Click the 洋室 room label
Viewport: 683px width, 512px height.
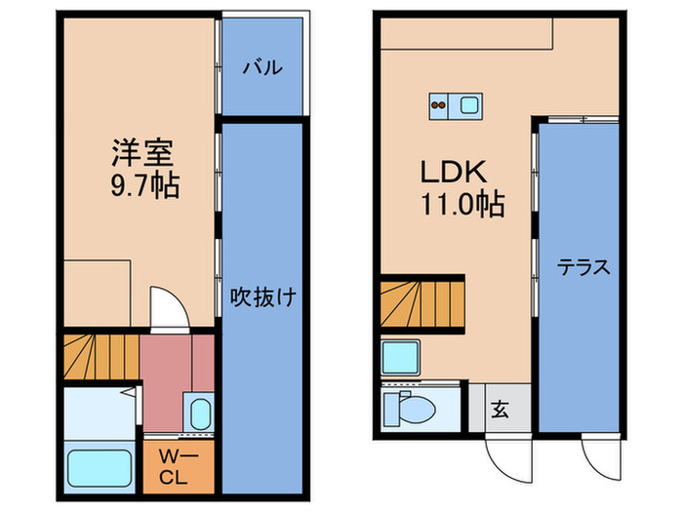[x=142, y=153]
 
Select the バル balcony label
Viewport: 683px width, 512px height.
[x=261, y=67]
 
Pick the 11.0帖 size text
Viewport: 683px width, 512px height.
[x=462, y=205]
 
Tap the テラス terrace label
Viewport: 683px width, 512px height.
[x=583, y=266]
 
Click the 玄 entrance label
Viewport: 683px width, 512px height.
[x=500, y=410]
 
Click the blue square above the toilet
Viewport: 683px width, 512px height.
[x=400, y=358]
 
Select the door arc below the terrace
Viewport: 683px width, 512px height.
[x=599, y=452]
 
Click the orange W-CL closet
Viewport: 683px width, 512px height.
[x=176, y=467]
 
